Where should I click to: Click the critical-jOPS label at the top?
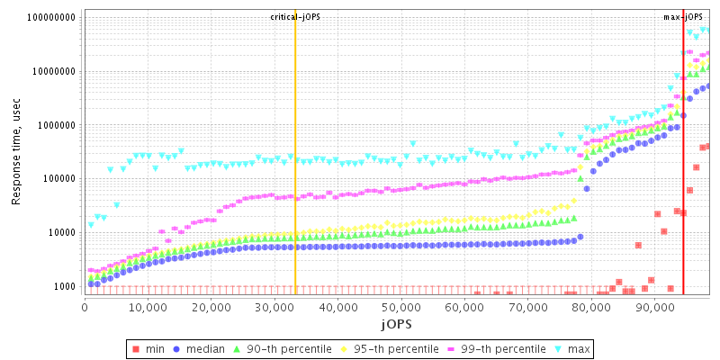pyautogui.click(x=295, y=17)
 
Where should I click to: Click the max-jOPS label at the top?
pyautogui.click(x=683, y=17)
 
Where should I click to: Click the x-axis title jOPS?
pyautogui.click(x=397, y=322)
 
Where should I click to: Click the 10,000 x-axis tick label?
pyautogui.click(x=148, y=306)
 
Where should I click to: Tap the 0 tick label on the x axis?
pyautogui.click(x=85, y=306)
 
